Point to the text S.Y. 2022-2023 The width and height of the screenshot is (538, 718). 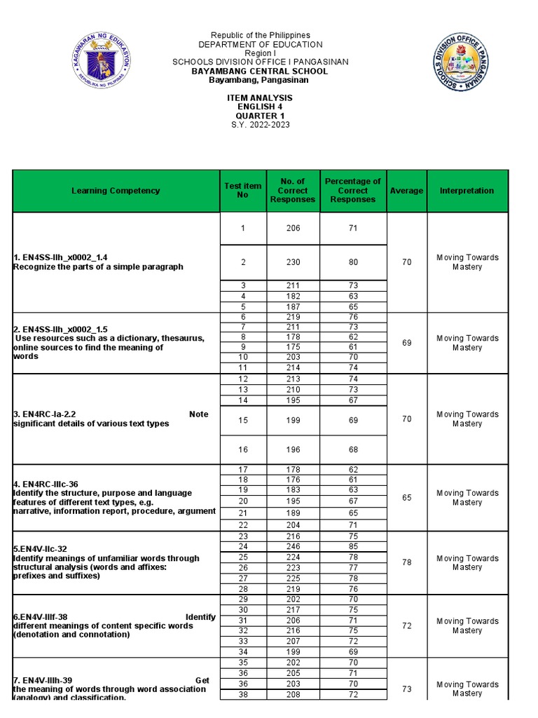tap(260, 125)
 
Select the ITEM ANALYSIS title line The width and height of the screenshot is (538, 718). tap(260, 98)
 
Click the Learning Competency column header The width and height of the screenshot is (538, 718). tap(115, 191)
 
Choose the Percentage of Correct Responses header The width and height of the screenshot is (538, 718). tap(353, 191)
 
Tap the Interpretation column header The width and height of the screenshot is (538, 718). tap(467, 191)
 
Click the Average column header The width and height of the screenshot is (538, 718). tap(407, 191)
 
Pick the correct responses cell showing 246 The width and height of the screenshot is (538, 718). tap(293, 546)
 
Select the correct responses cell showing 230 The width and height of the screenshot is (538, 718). tap(293, 262)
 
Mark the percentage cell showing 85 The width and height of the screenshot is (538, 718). tap(353, 546)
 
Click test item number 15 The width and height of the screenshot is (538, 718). tap(243, 421)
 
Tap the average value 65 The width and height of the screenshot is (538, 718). tap(407, 497)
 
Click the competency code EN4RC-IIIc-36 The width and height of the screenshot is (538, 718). tap(46, 484)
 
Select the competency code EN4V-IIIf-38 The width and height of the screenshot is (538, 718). tap(43, 617)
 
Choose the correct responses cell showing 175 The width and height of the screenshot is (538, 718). tap(293, 346)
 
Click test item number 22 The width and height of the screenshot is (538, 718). tap(243, 524)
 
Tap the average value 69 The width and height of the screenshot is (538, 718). tap(407, 343)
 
